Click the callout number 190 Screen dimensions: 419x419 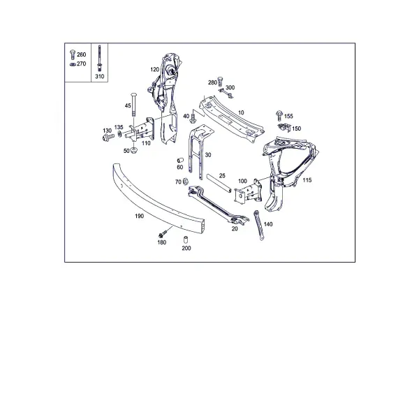pos(139,216)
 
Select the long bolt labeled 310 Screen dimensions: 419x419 pos(99,58)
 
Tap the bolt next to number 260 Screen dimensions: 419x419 pos(72,54)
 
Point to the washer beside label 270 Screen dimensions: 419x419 pos(72,64)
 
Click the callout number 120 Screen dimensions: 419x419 pos(155,69)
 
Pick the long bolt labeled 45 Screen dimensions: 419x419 pos(133,104)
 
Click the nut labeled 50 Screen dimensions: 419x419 pos(133,150)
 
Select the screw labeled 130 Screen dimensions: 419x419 pos(108,138)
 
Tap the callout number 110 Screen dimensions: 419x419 pos(146,143)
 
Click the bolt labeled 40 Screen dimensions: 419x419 pos(193,119)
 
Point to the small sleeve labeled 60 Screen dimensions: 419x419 pos(180,161)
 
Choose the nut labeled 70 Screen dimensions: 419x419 pos(185,182)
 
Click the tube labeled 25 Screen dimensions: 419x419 pos(219,183)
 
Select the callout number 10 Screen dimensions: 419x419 pos(241,112)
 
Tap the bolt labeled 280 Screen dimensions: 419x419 pos(220,81)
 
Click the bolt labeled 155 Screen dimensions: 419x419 pos(279,115)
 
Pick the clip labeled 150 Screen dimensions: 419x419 pos(284,127)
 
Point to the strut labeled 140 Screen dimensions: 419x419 pos(258,226)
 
